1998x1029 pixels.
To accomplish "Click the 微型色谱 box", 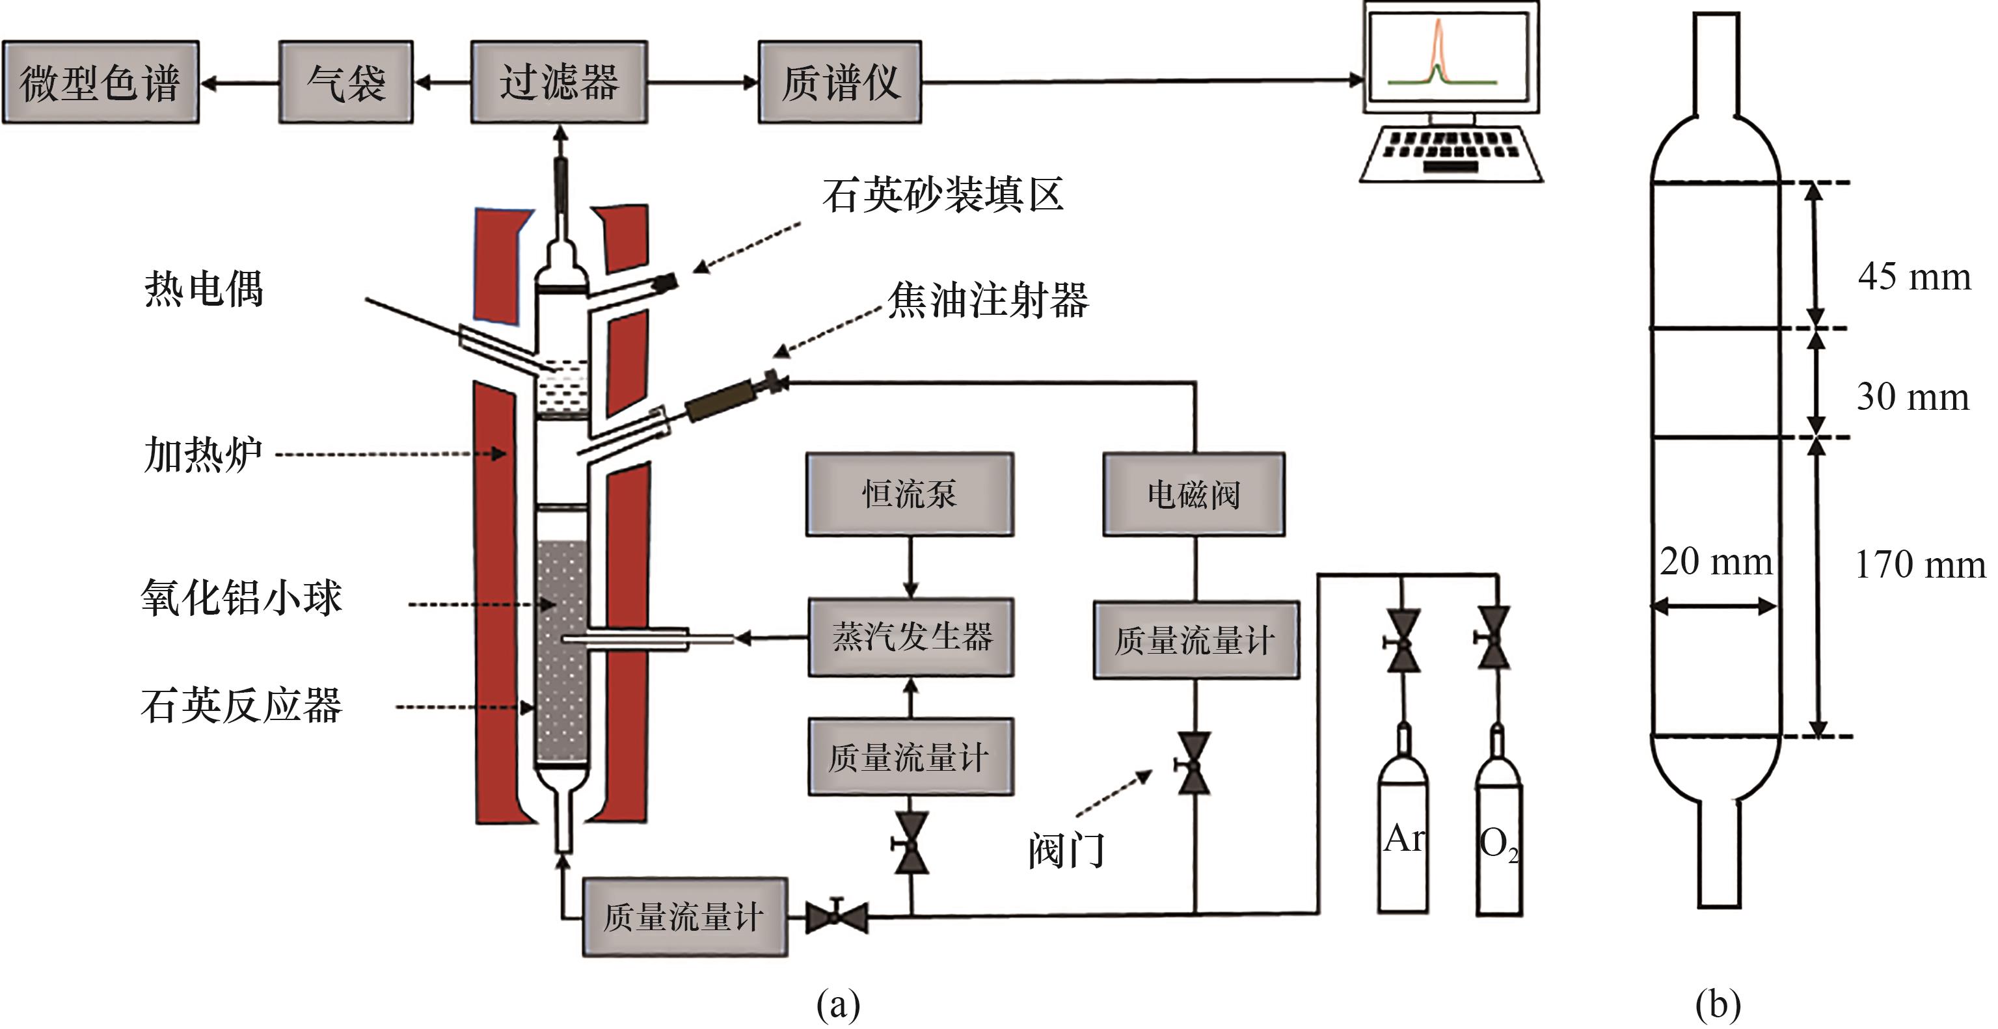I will pyautogui.click(x=100, y=82).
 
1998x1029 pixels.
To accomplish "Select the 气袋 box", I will pyautogui.click(x=346, y=82).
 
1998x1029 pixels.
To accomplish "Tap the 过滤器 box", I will pyautogui.click(x=558, y=82).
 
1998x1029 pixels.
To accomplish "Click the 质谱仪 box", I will pyautogui.click(x=840, y=82).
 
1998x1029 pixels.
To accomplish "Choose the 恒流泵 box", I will pyautogui.click(x=910, y=494).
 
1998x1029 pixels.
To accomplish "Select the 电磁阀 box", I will pyautogui.click(x=1194, y=494).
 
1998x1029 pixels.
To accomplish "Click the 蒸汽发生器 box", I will pyautogui.click(x=911, y=637).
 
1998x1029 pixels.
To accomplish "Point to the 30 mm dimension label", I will pyautogui.click(x=1912, y=397).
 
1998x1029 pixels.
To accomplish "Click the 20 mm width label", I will pyautogui.click(x=1716, y=561).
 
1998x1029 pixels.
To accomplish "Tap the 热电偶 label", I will pyautogui.click(x=203, y=289).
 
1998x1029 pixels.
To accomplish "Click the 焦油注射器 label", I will pyautogui.click(x=988, y=300).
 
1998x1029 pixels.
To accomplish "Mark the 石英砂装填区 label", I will pyautogui.click(x=942, y=194).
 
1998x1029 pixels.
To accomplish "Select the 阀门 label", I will pyautogui.click(x=1066, y=851).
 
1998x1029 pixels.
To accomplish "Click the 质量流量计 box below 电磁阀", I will pyautogui.click(x=1195, y=641).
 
